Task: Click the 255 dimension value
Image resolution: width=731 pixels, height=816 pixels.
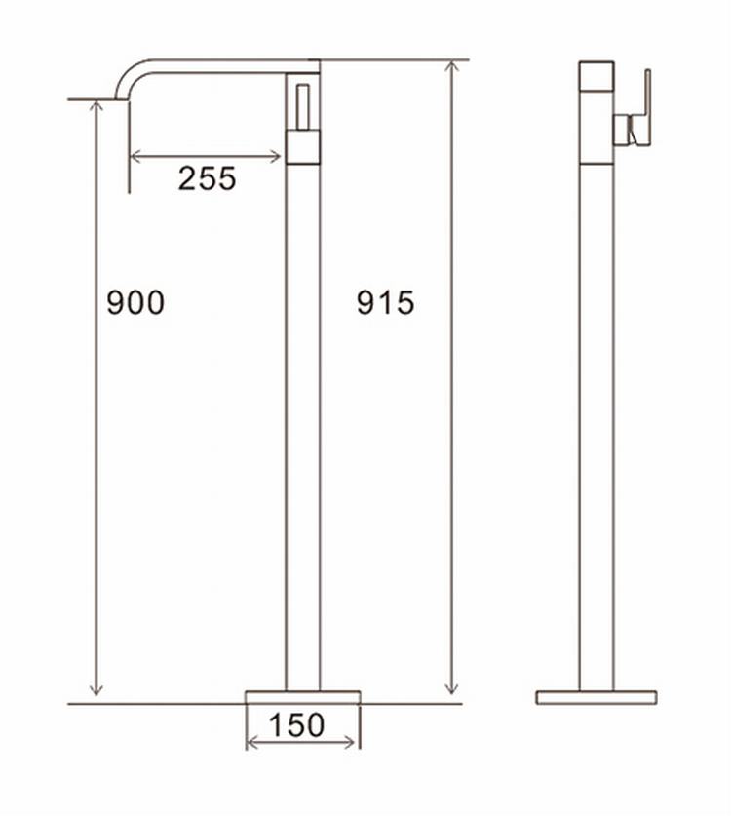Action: click(x=207, y=178)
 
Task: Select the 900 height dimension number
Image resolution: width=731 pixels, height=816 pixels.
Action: click(x=135, y=303)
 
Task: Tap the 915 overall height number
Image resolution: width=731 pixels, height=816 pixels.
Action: click(x=385, y=303)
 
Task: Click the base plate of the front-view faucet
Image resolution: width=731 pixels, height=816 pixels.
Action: click(x=302, y=696)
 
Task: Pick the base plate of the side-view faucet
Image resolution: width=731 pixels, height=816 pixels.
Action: click(x=596, y=697)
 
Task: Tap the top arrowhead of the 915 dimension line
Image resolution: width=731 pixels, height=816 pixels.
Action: click(x=451, y=66)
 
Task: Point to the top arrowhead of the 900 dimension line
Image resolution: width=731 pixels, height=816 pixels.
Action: click(x=96, y=105)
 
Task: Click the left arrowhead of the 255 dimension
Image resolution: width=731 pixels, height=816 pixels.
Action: click(x=135, y=155)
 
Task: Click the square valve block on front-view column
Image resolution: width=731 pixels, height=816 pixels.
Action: click(x=303, y=145)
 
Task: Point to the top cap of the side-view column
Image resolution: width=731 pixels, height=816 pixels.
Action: click(x=596, y=76)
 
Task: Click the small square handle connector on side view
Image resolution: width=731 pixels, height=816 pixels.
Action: click(x=621, y=128)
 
